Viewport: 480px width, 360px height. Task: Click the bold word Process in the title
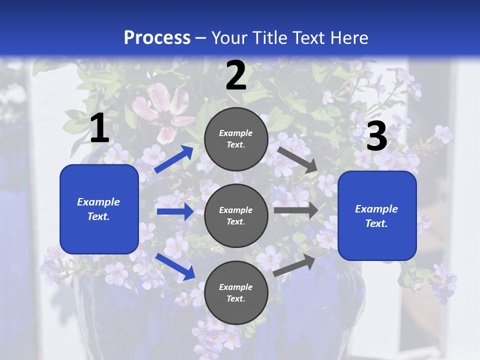157,37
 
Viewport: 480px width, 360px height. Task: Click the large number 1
99,128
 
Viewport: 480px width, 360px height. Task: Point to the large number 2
236,75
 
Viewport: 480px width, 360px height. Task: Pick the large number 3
376,136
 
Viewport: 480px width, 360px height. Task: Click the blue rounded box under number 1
99,209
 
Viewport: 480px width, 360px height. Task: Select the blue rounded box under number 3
377,216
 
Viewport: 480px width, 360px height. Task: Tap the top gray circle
236,139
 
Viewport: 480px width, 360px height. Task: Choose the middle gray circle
236,215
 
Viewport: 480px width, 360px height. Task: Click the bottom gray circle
236,292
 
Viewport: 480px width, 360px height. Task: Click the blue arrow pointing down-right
175,266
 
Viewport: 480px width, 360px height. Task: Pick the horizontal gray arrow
295,210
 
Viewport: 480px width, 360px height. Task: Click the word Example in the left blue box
98,202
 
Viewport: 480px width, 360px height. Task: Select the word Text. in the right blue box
376,223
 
